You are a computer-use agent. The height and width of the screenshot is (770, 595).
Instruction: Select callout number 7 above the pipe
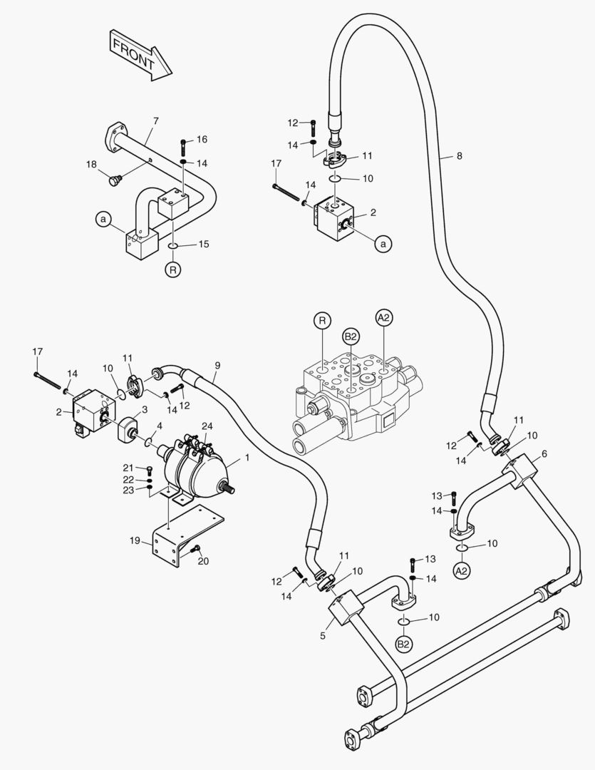point(155,121)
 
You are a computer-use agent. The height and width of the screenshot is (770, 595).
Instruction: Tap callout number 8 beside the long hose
point(459,155)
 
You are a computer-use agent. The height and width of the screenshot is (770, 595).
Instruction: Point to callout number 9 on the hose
point(217,366)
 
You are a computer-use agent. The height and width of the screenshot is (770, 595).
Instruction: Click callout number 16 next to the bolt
point(202,139)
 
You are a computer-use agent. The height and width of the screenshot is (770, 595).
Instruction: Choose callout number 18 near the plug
point(91,165)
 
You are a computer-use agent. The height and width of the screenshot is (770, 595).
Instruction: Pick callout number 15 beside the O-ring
point(203,245)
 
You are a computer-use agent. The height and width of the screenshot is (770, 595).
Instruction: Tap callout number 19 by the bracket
point(135,541)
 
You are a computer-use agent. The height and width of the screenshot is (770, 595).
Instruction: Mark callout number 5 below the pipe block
point(322,635)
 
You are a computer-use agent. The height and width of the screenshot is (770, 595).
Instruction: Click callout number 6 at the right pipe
point(544,454)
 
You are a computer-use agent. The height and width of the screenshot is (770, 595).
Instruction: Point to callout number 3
point(145,409)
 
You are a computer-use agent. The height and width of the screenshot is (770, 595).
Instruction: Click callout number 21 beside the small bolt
point(128,468)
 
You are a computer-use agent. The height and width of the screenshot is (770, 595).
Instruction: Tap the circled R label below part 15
point(172,269)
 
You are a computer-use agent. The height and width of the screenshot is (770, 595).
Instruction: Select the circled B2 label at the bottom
point(404,644)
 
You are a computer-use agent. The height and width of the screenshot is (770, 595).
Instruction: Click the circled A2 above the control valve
point(384,317)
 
